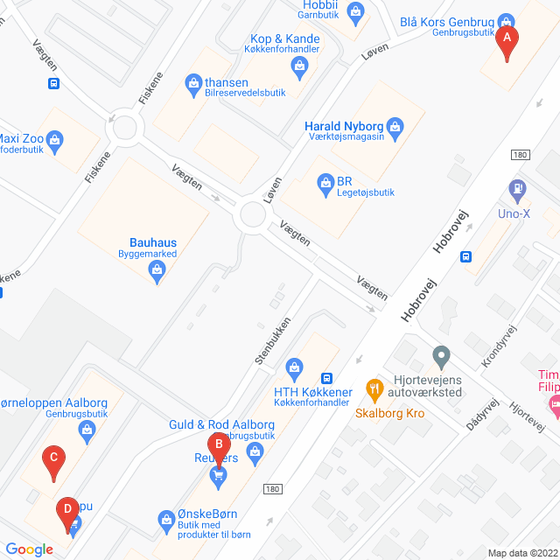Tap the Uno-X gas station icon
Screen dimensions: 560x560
[517, 187]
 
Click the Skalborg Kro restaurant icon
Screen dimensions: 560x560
[374, 387]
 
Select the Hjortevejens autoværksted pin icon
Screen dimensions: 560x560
[441, 356]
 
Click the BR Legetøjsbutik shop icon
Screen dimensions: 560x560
[324, 182]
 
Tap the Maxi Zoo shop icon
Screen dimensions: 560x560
[56, 139]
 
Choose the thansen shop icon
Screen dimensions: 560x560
[193, 83]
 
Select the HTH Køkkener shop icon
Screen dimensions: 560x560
[296, 365]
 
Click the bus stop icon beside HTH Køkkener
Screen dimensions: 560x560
[326, 378]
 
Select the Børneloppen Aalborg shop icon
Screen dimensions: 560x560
[87, 429]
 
